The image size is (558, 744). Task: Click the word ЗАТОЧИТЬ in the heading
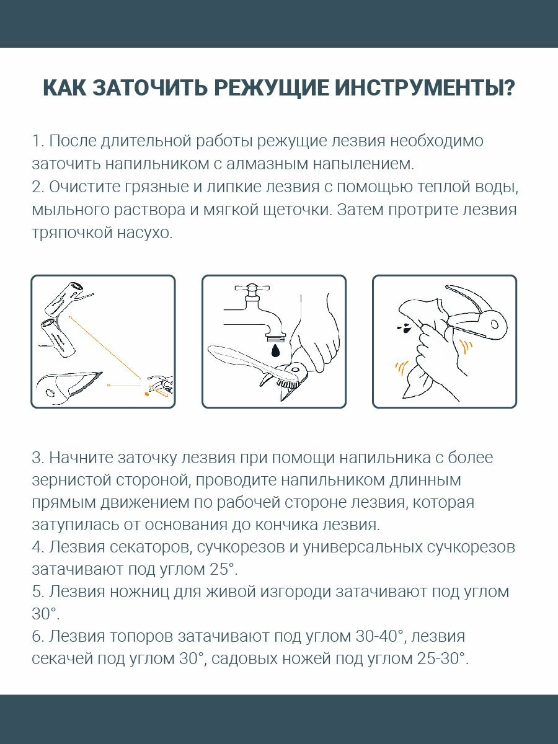coord(150,88)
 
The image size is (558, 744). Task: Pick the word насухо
coord(144,233)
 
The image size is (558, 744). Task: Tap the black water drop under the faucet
coord(275,351)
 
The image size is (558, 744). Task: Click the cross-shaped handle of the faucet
coord(252,288)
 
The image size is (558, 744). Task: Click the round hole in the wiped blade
coord(495,324)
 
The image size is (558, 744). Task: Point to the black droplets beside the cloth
coord(404,328)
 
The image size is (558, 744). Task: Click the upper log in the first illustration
coord(64,298)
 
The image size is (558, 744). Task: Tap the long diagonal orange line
coord(105,347)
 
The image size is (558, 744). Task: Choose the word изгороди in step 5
coord(296,593)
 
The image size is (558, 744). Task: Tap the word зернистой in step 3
coord(71,480)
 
